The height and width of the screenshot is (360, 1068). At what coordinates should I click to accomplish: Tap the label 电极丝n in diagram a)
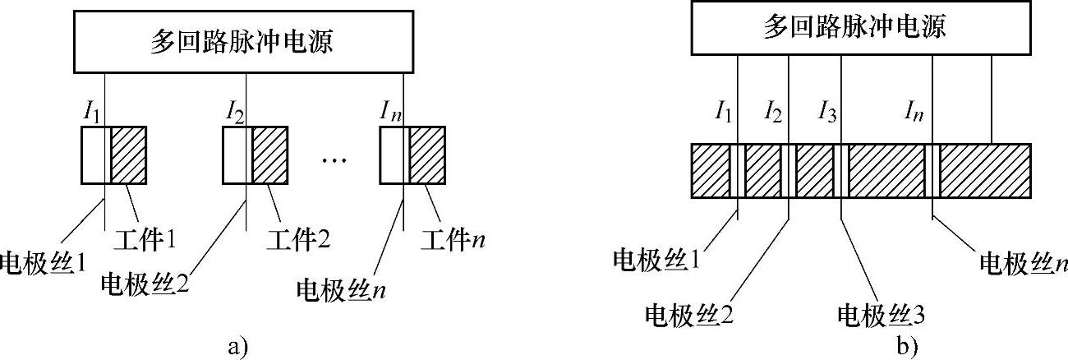(x=344, y=290)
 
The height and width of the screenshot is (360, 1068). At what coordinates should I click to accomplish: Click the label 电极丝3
(x=877, y=313)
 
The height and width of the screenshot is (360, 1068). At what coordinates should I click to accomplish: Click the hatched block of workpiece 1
(x=129, y=155)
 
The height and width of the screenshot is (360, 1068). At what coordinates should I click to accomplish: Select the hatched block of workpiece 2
(x=269, y=155)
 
